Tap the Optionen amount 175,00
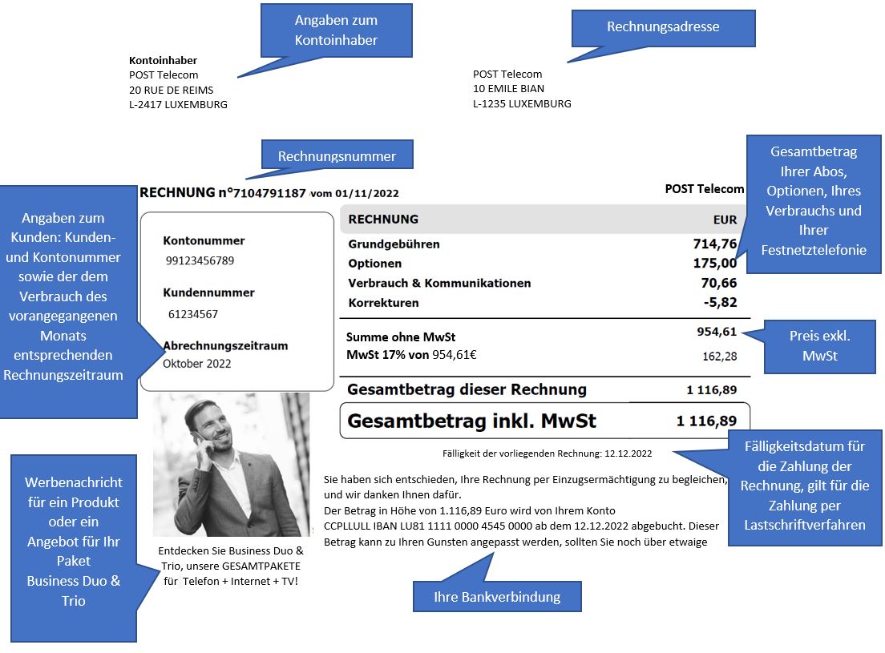(x=714, y=263)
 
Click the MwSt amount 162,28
(x=719, y=356)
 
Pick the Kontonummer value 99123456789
(x=200, y=260)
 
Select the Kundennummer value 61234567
(x=193, y=314)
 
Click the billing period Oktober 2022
(x=197, y=364)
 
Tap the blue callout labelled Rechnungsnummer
(x=337, y=155)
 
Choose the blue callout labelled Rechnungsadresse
(x=663, y=27)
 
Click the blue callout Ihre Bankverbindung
(x=496, y=597)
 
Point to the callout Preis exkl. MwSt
(x=819, y=345)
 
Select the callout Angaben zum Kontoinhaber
(x=337, y=30)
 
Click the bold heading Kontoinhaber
(x=163, y=60)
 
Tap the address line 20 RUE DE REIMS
(x=172, y=90)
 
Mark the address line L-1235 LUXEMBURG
(x=522, y=103)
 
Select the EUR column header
(x=725, y=219)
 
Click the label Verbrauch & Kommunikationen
(x=439, y=283)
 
